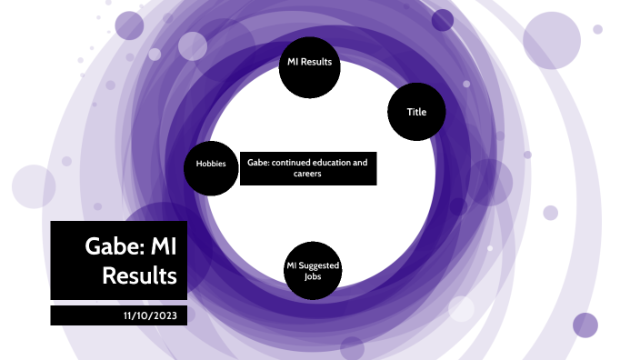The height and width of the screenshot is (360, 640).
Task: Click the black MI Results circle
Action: pos(308,66)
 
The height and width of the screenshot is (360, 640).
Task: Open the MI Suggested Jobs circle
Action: pos(313,270)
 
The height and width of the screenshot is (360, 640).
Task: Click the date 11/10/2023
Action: pos(149,315)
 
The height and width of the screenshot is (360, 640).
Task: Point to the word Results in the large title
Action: pos(139,275)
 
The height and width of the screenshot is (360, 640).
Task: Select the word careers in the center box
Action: pos(308,173)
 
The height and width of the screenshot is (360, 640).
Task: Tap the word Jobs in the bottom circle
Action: pos(313,275)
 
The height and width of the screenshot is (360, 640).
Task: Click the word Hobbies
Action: pos(211,165)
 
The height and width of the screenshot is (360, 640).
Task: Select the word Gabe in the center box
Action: pos(257,163)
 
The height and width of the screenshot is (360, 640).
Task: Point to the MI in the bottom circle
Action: pos(292,265)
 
